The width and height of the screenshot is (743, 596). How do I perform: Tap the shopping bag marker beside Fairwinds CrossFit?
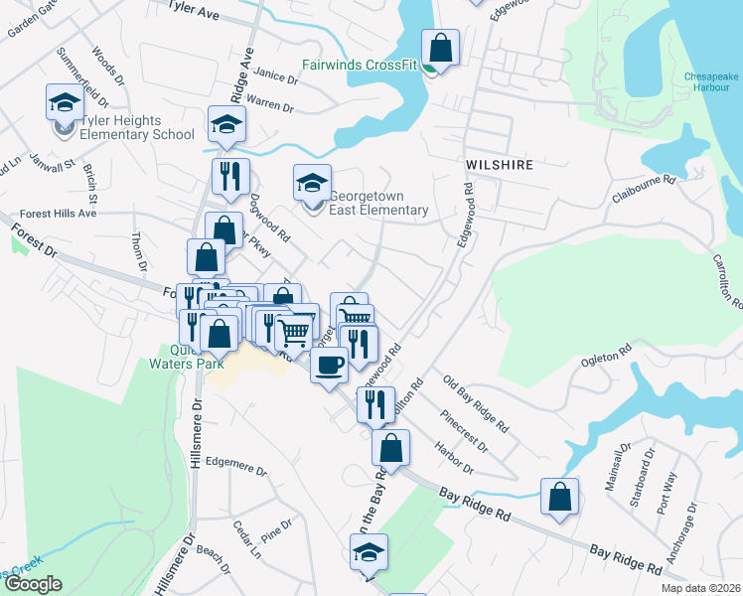(440, 48)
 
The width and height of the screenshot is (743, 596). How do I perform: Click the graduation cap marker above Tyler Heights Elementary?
(64, 102)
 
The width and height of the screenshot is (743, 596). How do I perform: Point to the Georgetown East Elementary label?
(378, 203)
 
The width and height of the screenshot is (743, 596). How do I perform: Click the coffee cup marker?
(329, 364)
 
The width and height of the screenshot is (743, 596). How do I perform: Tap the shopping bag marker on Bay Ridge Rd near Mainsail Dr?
(559, 497)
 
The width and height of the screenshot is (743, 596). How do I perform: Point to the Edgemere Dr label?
(237, 464)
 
